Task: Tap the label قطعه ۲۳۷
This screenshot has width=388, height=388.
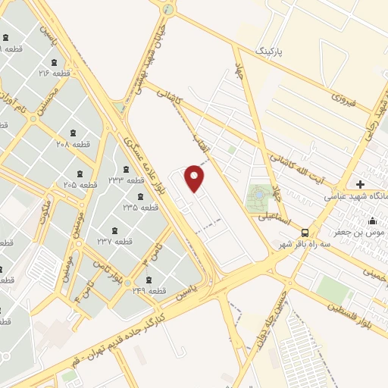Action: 115,242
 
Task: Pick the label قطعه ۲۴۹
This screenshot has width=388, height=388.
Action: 149,291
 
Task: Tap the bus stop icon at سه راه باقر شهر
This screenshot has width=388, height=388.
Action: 305,233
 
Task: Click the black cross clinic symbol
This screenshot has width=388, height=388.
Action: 360,184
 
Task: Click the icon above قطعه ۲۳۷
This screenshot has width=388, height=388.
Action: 115,230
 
